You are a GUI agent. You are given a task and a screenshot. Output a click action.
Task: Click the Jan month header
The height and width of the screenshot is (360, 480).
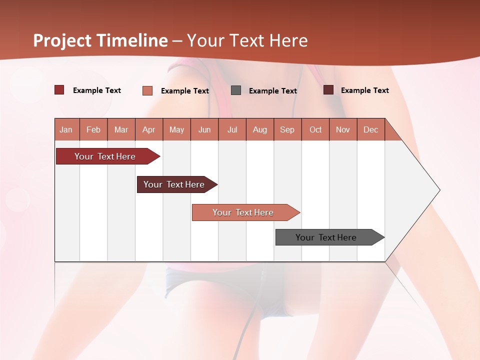pyautogui.click(x=66, y=129)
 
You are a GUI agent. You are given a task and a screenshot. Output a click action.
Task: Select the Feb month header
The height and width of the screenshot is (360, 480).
pyautogui.click(x=93, y=129)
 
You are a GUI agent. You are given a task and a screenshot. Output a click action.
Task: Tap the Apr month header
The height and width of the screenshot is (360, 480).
pyautogui.click(x=149, y=129)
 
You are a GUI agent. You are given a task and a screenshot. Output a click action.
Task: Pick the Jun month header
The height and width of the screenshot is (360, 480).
pyautogui.click(x=204, y=129)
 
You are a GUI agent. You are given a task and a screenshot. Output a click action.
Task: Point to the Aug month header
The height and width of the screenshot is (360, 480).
pyautogui.click(x=260, y=129)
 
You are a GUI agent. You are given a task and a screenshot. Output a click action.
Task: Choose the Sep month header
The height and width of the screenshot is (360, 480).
pyautogui.click(x=287, y=129)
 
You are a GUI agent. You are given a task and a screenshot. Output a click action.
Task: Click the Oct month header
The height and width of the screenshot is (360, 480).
pyautogui.click(x=315, y=129)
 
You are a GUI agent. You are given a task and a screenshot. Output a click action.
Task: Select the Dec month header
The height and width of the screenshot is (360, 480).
pyautogui.click(x=371, y=129)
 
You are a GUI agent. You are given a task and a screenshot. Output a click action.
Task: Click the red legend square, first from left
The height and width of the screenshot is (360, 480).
pyautogui.click(x=59, y=90)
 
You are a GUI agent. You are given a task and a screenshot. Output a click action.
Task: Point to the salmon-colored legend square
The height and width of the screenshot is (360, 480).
pyautogui.click(x=147, y=90)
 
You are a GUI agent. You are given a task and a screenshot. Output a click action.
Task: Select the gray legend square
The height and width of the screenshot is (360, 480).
pyautogui.click(x=236, y=90)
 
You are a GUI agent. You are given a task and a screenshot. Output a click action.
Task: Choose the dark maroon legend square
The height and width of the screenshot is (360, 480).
pyautogui.click(x=328, y=90)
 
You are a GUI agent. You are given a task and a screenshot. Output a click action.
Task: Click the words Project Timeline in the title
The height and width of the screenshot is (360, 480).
pyautogui.click(x=100, y=40)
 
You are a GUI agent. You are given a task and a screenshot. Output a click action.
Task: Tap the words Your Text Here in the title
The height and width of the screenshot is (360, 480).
pyautogui.click(x=247, y=40)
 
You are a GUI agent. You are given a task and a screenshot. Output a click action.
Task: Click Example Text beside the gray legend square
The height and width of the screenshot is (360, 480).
pyautogui.click(x=273, y=90)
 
